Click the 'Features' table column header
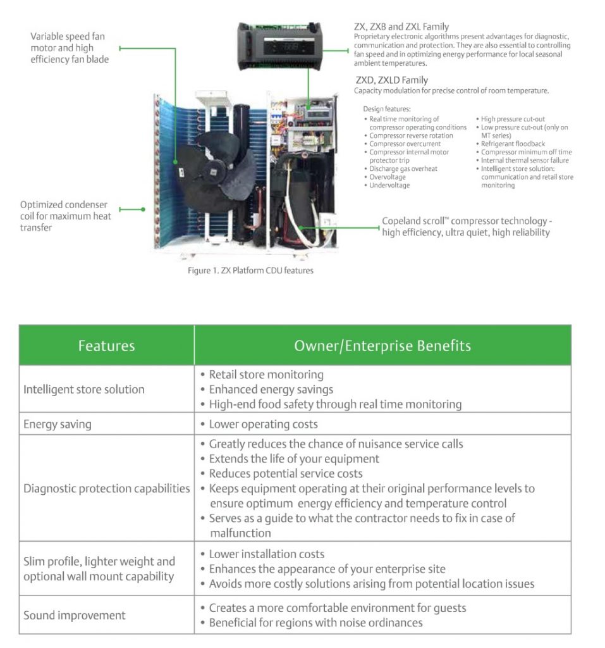pyautogui.click(x=106, y=346)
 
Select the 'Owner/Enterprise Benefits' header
pyautogui.click(x=382, y=346)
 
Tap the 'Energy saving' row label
pyautogui.click(x=58, y=424)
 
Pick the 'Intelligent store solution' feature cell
pyautogui.click(x=84, y=389)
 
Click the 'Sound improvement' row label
pyautogui.click(x=75, y=615)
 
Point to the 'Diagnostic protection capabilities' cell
pyautogui.click(x=106, y=489)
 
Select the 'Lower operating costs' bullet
pyautogui.click(x=263, y=424)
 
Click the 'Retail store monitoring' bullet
pyautogui.click(x=266, y=375)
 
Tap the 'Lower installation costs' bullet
pyautogui.click(x=266, y=554)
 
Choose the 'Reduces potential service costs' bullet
pyautogui.click(x=286, y=473)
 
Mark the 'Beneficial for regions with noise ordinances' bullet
pyautogui.click(x=315, y=623)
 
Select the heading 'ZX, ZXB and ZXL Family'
pyautogui.click(x=401, y=27)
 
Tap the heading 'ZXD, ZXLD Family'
pyautogui.click(x=392, y=80)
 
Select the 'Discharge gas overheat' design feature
pyautogui.click(x=403, y=169)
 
